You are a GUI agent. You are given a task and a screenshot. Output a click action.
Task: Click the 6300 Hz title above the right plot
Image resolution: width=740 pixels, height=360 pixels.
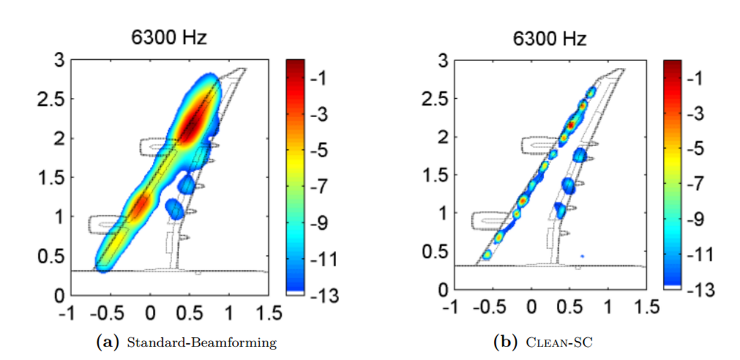point(550,39)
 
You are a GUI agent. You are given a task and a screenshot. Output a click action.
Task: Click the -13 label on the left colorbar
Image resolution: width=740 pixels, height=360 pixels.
point(324,297)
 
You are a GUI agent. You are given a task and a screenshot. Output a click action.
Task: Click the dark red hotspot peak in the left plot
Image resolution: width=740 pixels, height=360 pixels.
point(190,127)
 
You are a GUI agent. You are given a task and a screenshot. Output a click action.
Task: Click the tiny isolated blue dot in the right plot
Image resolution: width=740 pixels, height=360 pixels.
point(582,255)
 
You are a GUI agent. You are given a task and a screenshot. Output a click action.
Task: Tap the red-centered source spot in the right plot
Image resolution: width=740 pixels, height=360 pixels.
point(571,125)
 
